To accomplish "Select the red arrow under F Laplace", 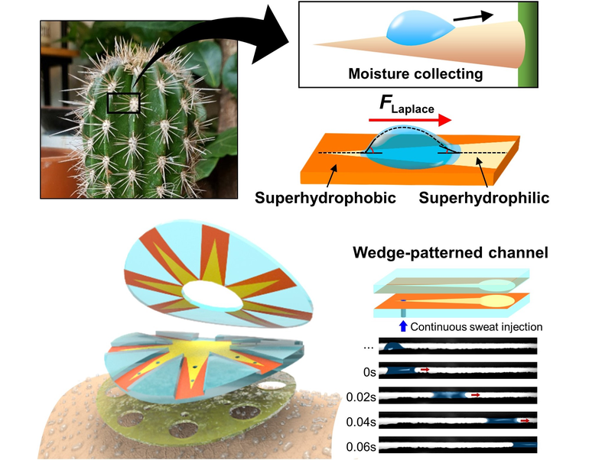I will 409,119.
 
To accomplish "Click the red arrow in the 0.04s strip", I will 524,420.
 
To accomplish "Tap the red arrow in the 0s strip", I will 425,370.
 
